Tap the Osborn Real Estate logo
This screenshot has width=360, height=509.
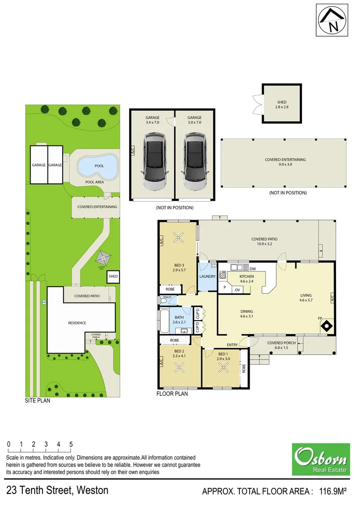[x=320, y=459]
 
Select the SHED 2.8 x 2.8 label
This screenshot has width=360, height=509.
[x=282, y=105]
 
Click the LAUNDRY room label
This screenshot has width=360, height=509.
[x=207, y=277]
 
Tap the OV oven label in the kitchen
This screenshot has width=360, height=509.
[x=237, y=290]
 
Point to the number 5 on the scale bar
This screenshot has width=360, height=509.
[x=71, y=444]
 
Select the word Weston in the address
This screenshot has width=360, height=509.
[x=92, y=490]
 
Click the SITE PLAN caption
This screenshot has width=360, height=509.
[x=38, y=402]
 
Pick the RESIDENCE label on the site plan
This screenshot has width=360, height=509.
[x=77, y=323]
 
